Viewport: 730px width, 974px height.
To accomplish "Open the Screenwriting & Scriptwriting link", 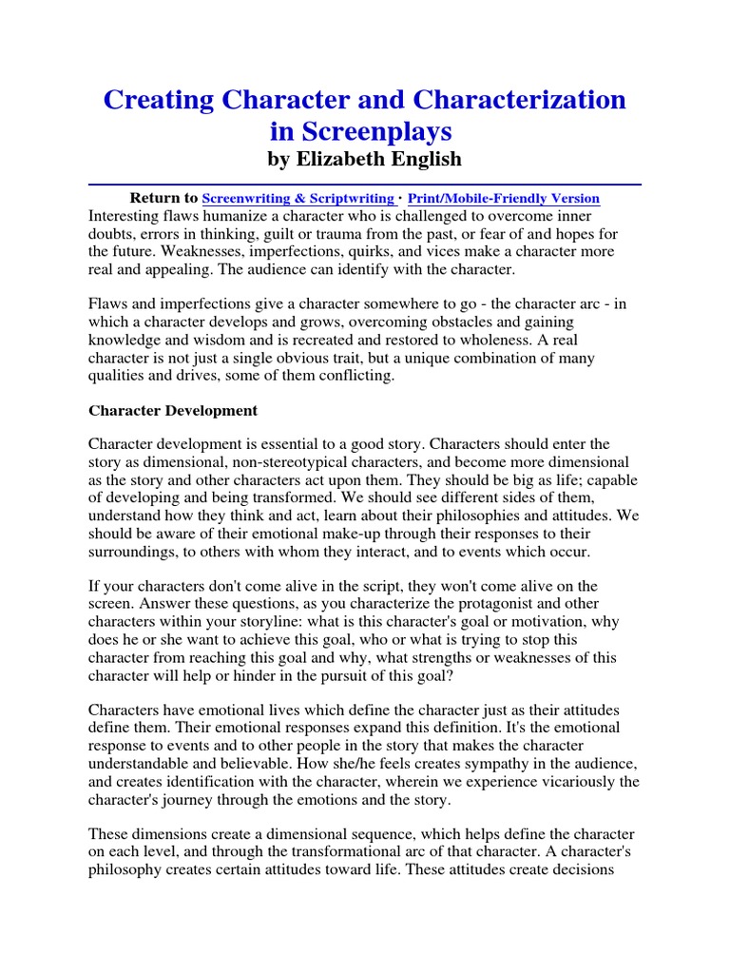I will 298,199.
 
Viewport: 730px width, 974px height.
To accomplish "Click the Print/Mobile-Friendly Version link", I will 504,199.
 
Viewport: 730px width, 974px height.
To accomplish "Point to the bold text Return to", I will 163,198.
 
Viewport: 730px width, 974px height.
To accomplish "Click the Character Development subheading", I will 172,411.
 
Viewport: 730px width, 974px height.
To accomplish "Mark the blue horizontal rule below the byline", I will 364,183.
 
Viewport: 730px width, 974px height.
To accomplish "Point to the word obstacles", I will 436,322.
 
